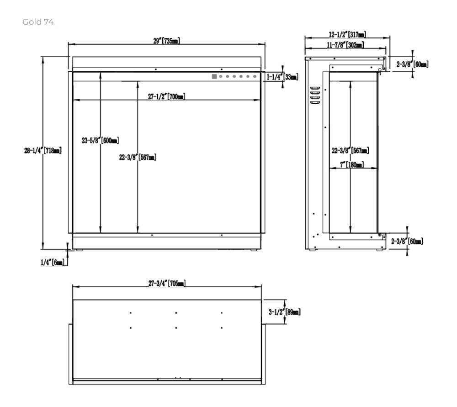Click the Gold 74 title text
pos(38,22)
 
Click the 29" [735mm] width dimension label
pos(166,41)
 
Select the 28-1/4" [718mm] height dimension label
pos(43,150)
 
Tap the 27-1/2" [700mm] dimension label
pos(166,96)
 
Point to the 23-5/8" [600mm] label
pos(100,140)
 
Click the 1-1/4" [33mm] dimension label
pos(282,77)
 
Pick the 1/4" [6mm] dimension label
pos(53,262)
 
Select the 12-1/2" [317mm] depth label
pos(347,34)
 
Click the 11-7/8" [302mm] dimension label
pos(345,45)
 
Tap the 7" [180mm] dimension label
pos(352,165)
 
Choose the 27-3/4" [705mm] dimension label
pos(167,283)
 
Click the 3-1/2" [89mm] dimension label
pos(284,312)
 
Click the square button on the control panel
pos(214,76)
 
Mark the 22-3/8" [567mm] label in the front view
pos(138,157)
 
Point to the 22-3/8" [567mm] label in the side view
pos(351,150)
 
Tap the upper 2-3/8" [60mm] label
pos(412,64)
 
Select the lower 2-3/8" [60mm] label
pos(407,241)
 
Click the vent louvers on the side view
pos(315,95)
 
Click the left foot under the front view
pos(79,250)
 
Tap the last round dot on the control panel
pos(255,76)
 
